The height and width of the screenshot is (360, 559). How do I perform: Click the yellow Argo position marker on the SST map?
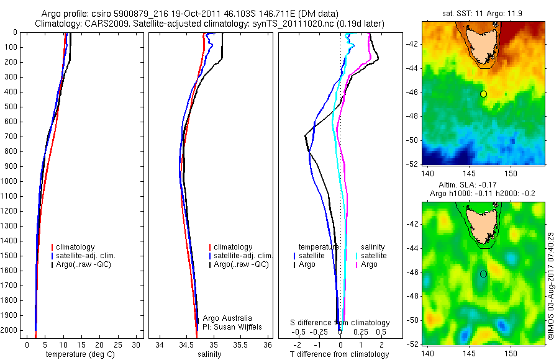tap(483, 94)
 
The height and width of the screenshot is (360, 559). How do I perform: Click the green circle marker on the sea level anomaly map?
tap(483, 274)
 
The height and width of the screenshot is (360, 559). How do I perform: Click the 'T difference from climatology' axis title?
tap(339, 354)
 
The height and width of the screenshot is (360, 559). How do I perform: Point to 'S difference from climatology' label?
tap(340, 323)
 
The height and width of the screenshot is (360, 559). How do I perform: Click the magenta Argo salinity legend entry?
tap(369, 264)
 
